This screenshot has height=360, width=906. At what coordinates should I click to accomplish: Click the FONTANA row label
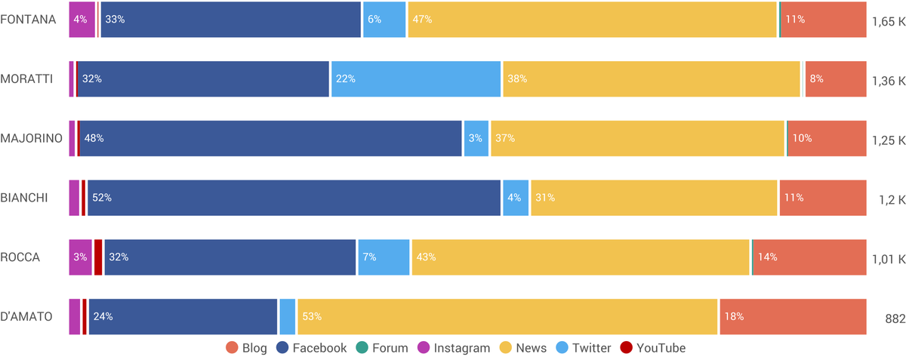[x=28, y=20]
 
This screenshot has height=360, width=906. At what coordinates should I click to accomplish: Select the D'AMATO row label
[x=26, y=317]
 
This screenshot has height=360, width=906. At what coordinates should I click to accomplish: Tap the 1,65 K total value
[x=888, y=21]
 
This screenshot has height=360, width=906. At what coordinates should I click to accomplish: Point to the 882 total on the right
[x=895, y=318]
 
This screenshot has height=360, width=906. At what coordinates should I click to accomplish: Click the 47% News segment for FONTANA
[x=592, y=20]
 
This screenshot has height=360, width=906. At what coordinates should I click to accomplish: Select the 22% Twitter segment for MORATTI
[x=416, y=79]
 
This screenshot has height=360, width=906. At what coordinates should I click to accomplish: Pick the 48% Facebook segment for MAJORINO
[x=270, y=139]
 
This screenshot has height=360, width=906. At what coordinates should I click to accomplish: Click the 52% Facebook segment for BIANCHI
[x=294, y=198]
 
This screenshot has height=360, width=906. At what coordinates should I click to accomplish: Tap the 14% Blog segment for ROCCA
[x=809, y=257]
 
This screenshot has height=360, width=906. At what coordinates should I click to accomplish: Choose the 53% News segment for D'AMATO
[x=507, y=317]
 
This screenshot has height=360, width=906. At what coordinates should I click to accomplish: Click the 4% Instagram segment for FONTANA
[x=82, y=20]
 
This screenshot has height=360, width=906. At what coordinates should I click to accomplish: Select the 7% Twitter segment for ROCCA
[x=384, y=257]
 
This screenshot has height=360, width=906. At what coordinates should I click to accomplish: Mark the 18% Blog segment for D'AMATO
[x=793, y=317]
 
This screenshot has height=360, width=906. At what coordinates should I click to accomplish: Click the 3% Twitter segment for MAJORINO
[x=476, y=139]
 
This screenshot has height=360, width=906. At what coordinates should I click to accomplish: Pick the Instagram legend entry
[x=455, y=348]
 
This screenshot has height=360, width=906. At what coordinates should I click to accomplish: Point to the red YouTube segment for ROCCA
[x=98, y=257]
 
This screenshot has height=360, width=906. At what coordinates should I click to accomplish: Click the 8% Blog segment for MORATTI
[x=835, y=79]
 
